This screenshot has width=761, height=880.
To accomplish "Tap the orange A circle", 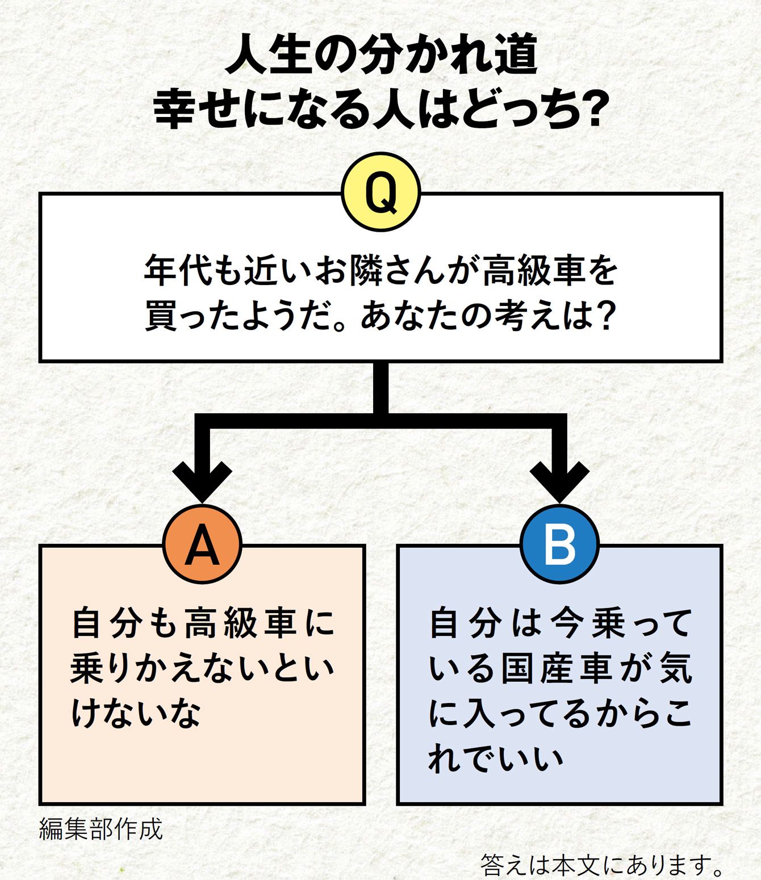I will (x=202, y=544).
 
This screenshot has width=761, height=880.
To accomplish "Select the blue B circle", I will (x=559, y=544).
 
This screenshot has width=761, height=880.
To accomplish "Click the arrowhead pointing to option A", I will (x=202, y=480).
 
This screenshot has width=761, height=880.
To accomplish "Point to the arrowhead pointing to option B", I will (x=559, y=480).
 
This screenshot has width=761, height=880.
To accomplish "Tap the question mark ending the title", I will (x=589, y=108).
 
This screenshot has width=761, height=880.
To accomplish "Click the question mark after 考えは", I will (x=606, y=316).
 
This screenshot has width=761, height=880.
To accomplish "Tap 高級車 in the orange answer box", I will (x=241, y=623).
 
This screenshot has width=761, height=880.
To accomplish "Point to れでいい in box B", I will (x=495, y=758).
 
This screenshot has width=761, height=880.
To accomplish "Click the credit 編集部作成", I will (x=101, y=829).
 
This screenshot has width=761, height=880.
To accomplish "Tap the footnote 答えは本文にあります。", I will (x=601, y=865).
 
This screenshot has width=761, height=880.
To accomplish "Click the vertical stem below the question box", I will (x=381, y=389).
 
